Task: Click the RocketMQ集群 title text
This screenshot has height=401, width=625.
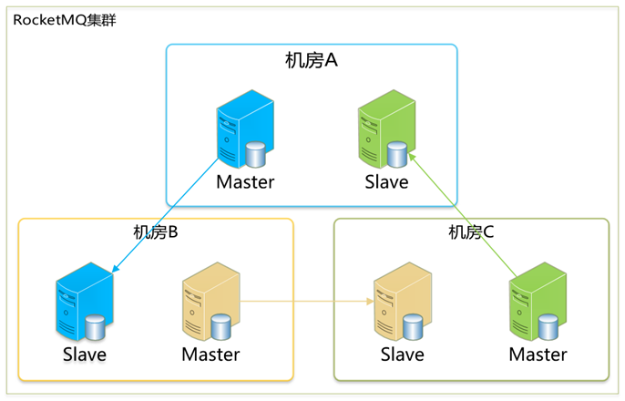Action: pos(65,20)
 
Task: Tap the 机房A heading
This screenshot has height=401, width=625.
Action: pos(312,60)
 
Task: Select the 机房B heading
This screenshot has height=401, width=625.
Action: pos(156,232)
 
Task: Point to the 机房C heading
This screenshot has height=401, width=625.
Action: pos(471,232)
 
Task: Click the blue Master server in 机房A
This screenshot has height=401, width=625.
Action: pos(245,129)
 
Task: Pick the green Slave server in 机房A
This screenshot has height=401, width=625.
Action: pos(386,129)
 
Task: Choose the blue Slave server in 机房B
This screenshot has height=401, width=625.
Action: pos(85,302)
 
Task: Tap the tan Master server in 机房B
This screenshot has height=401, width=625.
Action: pos(210,302)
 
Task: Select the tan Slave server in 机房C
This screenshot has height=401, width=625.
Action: pos(403,302)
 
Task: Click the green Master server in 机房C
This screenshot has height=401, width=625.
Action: pos(538,302)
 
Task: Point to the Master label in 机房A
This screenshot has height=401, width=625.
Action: pos(245,182)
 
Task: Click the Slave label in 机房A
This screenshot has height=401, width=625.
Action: pos(386,182)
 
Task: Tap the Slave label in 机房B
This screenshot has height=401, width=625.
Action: pos(85,355)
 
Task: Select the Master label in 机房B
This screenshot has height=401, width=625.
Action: pos(210,355)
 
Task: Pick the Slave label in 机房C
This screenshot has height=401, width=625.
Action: pos(403,355)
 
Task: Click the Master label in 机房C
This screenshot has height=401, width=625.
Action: pos(538,355)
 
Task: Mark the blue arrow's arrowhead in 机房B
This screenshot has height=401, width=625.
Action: pos(115,269)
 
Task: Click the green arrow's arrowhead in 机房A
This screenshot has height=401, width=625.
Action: pos(412,157)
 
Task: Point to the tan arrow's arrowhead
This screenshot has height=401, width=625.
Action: pos(370,302)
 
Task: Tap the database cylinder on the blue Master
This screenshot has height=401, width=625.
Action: pos(255,154)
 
